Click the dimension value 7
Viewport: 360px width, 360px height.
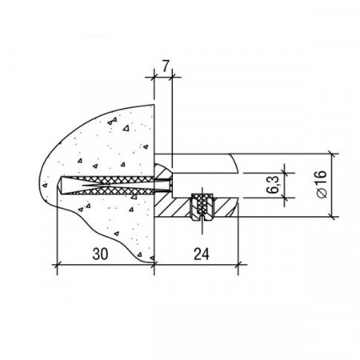(x=166, y=67)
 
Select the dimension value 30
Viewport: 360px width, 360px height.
(x=100, y=254)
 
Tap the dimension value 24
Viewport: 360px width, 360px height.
(x=202, y=254)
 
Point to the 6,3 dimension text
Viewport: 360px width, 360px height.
(x=272, y=185)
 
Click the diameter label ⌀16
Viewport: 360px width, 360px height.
(x=322, y=184)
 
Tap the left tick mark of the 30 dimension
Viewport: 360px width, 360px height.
(x=57, y=265)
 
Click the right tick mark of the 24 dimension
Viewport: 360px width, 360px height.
(x=238, y=265)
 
